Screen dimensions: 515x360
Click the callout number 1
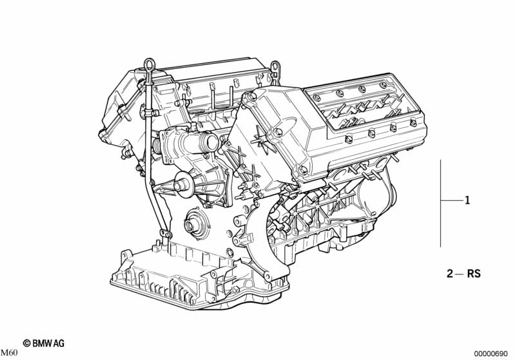click(x=467, y=200)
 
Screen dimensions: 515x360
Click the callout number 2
click(x=450, y=273)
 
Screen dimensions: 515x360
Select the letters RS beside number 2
click(x=474, y=273)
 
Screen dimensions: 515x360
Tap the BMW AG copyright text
click(x=44, y=343)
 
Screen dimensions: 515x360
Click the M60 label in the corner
click(x=9, y=353)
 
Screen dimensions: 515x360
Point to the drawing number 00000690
click(x=491, y=354)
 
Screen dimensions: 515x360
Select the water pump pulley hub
click(x=181, y=185)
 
